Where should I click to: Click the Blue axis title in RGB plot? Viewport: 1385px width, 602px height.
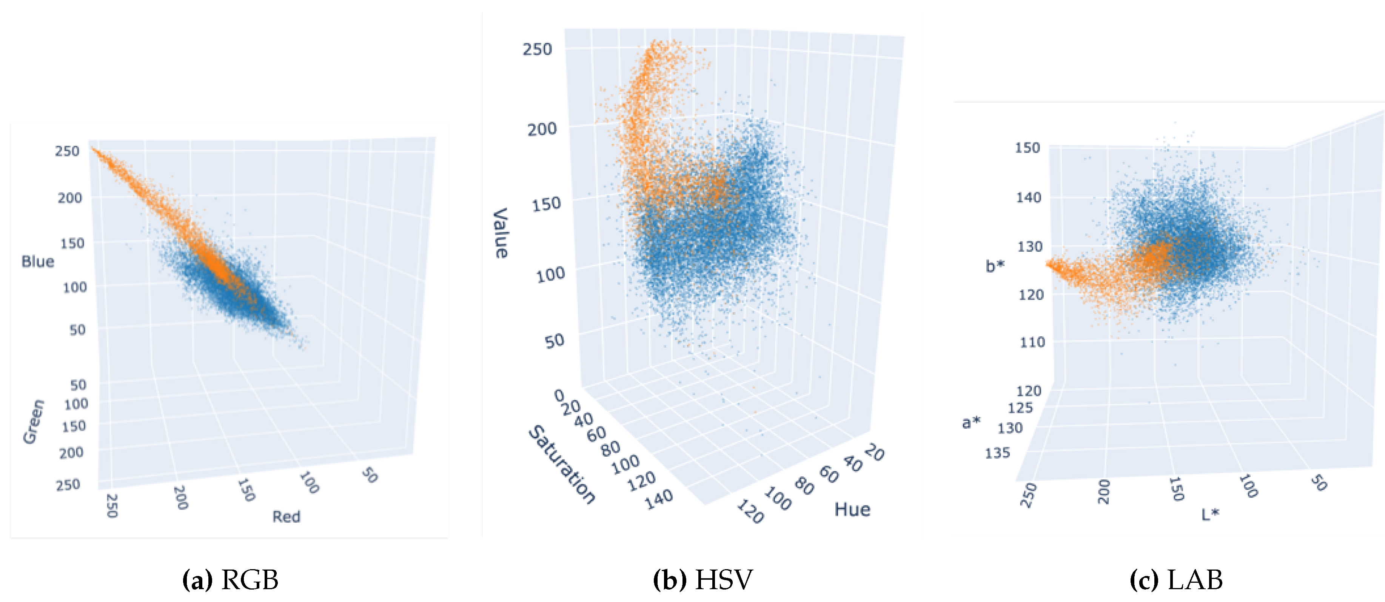click(x=38, y=262)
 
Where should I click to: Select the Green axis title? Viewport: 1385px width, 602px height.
click(x=33, y=422)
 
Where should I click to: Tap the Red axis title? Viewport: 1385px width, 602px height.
click(x=286, y=517)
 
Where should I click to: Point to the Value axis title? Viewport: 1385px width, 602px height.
click(x=501, y=233)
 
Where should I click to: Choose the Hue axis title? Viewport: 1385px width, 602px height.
click(x=852, y=509)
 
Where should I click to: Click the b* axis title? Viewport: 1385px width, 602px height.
click(x=995, y=266)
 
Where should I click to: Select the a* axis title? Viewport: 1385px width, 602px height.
click(x=971, y=422)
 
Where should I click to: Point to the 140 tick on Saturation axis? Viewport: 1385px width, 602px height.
click(x=659, y=499)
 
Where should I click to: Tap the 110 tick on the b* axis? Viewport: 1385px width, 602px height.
click(x=1032, y=342)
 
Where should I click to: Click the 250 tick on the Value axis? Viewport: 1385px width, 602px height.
click(x=537, y=49)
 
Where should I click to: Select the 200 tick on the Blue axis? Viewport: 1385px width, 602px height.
click(x=70, y=198)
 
